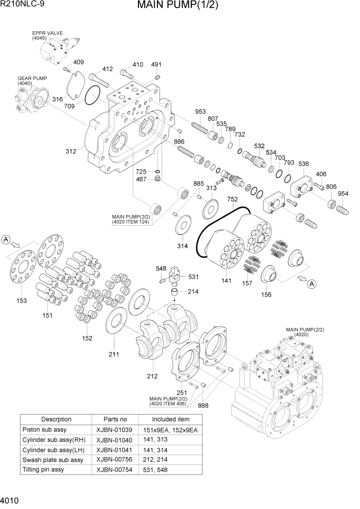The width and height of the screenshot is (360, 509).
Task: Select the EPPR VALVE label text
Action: (x=47, y=33)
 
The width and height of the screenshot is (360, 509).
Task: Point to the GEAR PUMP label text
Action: (x=32, y=78)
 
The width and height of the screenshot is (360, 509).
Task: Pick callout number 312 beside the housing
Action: (x=71, y=151)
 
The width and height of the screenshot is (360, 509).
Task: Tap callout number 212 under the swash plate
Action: (x=152, y=376)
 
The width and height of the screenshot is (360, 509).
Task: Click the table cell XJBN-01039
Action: (x=114, y=429)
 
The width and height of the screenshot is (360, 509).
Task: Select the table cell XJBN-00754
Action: (x=114, y=469)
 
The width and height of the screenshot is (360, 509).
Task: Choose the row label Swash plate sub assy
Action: (x=52, y=460)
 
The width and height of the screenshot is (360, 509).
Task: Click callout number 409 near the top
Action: (x=78, y=63)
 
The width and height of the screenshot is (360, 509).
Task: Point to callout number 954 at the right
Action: (x=343, y=193)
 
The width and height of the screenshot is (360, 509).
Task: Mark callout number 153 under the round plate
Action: (x=22, y=300)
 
